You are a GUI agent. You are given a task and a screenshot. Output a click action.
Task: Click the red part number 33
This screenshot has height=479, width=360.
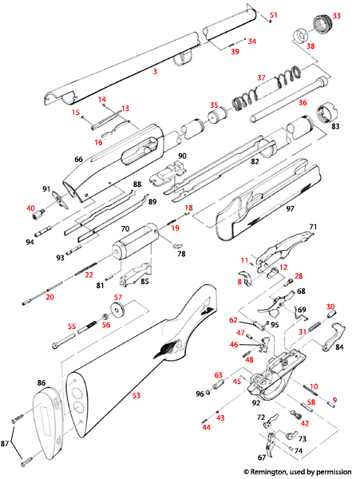tap(336, 16)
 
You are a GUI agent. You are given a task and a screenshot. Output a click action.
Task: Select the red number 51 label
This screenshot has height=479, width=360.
tap(274, 15)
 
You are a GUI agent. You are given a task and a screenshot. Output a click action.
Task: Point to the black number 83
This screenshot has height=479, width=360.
tap(335, 126)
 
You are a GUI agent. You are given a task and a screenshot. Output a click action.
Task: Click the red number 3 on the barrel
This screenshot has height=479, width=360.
tap(155, 71)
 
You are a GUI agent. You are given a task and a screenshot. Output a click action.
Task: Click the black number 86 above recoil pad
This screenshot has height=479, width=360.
tap(41, 384)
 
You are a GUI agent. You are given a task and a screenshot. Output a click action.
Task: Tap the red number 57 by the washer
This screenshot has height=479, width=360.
tap(117, 298)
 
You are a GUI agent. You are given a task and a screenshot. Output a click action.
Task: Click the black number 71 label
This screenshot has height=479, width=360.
tap(313, 228)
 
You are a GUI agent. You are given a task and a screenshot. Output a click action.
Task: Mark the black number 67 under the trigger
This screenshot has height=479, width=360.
tap(261, 457)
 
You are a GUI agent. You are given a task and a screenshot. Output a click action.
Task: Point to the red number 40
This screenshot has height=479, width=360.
tap(31, 208)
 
